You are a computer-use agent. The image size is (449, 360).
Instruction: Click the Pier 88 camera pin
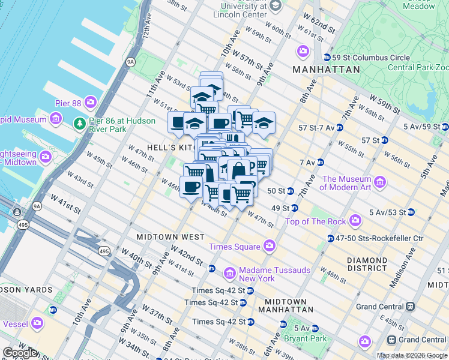91,103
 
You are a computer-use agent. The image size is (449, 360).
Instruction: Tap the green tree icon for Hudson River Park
79,124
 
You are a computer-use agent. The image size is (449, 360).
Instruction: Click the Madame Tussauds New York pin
229,274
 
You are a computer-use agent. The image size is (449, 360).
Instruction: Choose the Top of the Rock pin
356,221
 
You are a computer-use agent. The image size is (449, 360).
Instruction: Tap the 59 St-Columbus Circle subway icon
327,58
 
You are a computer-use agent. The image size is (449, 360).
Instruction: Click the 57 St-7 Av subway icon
339,128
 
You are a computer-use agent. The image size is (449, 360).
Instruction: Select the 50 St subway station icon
290,191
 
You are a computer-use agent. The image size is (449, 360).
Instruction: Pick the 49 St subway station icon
294,208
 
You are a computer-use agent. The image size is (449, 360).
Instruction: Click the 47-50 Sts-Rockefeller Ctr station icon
331,238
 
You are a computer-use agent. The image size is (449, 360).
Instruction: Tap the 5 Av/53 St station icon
411,212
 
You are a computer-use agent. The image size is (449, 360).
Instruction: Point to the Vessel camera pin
37,323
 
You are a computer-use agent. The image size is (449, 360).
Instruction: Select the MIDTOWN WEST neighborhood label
170,237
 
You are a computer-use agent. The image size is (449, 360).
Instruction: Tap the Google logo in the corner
20,353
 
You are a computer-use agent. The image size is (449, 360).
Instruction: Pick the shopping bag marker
238,170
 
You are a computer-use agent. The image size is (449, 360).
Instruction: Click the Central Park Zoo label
418,67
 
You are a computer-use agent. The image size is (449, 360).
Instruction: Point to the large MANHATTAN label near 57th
326,70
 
